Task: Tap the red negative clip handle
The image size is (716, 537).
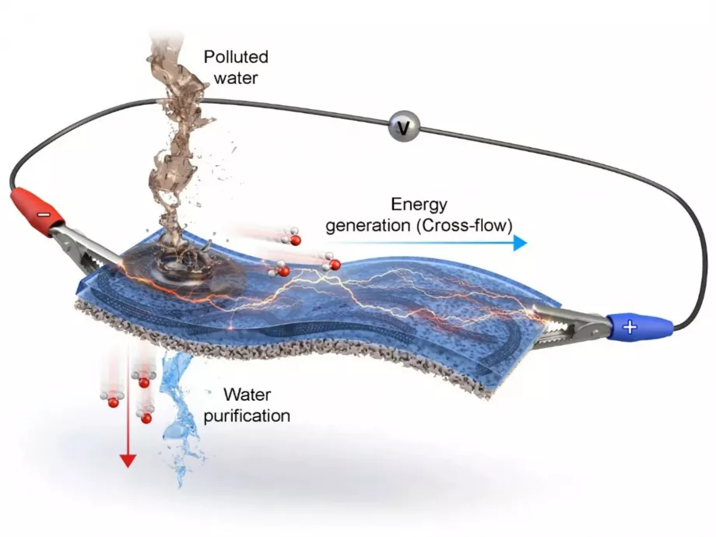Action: [37, 212]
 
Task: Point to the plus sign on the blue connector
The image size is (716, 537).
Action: [630, 327]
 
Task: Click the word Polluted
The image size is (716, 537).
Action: [236, 57]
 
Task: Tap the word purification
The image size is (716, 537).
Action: [247, 416]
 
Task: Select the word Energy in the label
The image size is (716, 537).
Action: [419, 205]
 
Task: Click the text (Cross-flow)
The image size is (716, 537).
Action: [465, 226]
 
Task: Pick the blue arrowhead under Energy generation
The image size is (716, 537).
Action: [520, 243]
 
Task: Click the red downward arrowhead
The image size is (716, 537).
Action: [128, 460]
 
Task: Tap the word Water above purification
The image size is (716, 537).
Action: [247, 395]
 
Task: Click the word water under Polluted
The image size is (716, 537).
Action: [236, 78]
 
